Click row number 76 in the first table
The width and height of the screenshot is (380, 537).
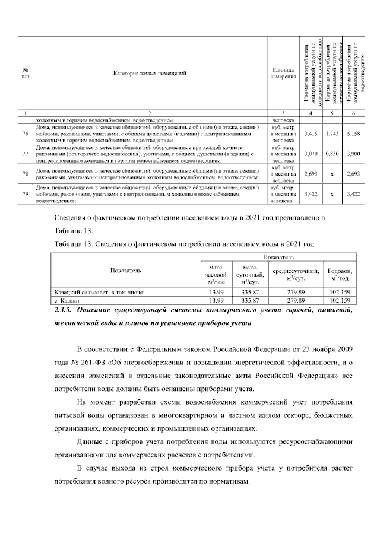point(24,134)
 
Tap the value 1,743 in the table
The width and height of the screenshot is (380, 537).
point(332,134)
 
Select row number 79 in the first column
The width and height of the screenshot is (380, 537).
point(24,193)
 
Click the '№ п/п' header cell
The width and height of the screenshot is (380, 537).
point(24,74)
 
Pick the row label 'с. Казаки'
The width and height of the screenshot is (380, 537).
point(65,301)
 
